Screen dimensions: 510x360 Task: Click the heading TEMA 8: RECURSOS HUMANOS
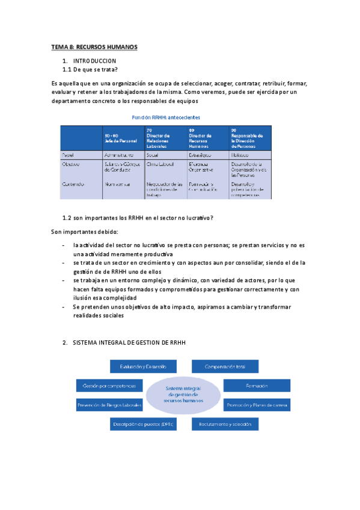(x=94, y=47)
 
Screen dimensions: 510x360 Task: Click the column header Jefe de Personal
(x=121, y=140)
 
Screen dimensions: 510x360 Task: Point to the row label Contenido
(x=73, y=184)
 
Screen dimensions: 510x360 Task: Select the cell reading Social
(x=152, y=155)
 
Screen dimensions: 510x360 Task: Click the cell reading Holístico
(x=241, y=155)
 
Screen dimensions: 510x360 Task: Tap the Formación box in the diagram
(x=256, y=386)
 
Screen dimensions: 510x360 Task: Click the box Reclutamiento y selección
(x=225, y=425)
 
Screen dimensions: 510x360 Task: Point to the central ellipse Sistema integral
(x=185, y=395)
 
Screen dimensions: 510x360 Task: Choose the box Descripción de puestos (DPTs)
(x=143, y=425)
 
